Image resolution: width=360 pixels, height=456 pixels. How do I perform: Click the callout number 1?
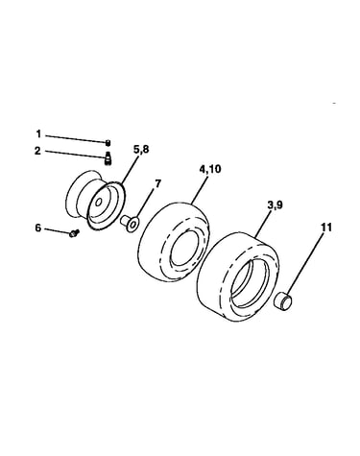pos(38,133)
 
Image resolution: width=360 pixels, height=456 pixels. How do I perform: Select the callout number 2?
pos(37,151)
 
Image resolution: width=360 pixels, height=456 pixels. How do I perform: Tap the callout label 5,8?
pos(141,149)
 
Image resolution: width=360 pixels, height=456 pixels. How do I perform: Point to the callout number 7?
pos(157,183)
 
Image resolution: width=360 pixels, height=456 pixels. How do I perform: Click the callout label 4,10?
pos(210,169)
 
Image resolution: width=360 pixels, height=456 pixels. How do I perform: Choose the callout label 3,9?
pos(275,205)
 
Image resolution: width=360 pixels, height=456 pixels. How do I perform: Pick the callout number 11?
pos(326,228)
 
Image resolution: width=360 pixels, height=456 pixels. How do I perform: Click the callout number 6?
pos(38,228)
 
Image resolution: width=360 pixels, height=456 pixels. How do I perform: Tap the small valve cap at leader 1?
pos(108,142)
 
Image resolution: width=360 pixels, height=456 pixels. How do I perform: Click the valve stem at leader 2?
pos(108,158)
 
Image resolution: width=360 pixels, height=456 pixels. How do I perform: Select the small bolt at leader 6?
pos(74,232)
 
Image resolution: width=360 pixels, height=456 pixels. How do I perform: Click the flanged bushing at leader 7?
pos(130,222)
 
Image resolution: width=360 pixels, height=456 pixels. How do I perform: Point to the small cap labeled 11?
pos(283,300)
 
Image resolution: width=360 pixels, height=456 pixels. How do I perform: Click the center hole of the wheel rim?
pos(99,203)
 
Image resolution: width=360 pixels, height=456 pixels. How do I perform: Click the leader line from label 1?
pos(76,138)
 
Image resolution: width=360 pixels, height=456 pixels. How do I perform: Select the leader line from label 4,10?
pos(200,189)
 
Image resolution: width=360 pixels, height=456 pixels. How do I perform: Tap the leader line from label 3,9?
pos(265,224)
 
